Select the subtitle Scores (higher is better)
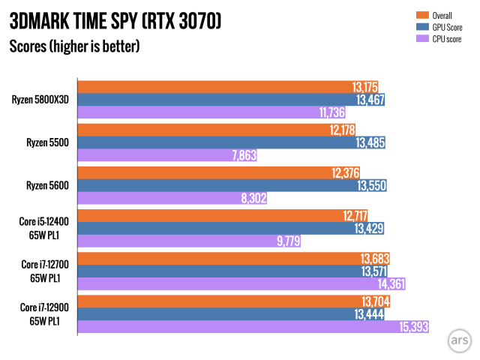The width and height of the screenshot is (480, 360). tap(74, 46)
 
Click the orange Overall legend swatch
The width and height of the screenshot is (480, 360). tap(419, 14)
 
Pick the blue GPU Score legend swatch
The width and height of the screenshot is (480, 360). tap(419, 26)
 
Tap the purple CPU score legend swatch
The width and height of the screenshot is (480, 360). tap(419, 38)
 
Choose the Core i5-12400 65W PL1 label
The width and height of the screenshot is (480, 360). tap(46, 228)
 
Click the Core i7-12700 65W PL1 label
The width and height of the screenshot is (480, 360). tap(46, 271)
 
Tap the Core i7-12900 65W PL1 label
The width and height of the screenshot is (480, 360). tap(46, 313)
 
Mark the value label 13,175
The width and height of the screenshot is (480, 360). tap(365, 85)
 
